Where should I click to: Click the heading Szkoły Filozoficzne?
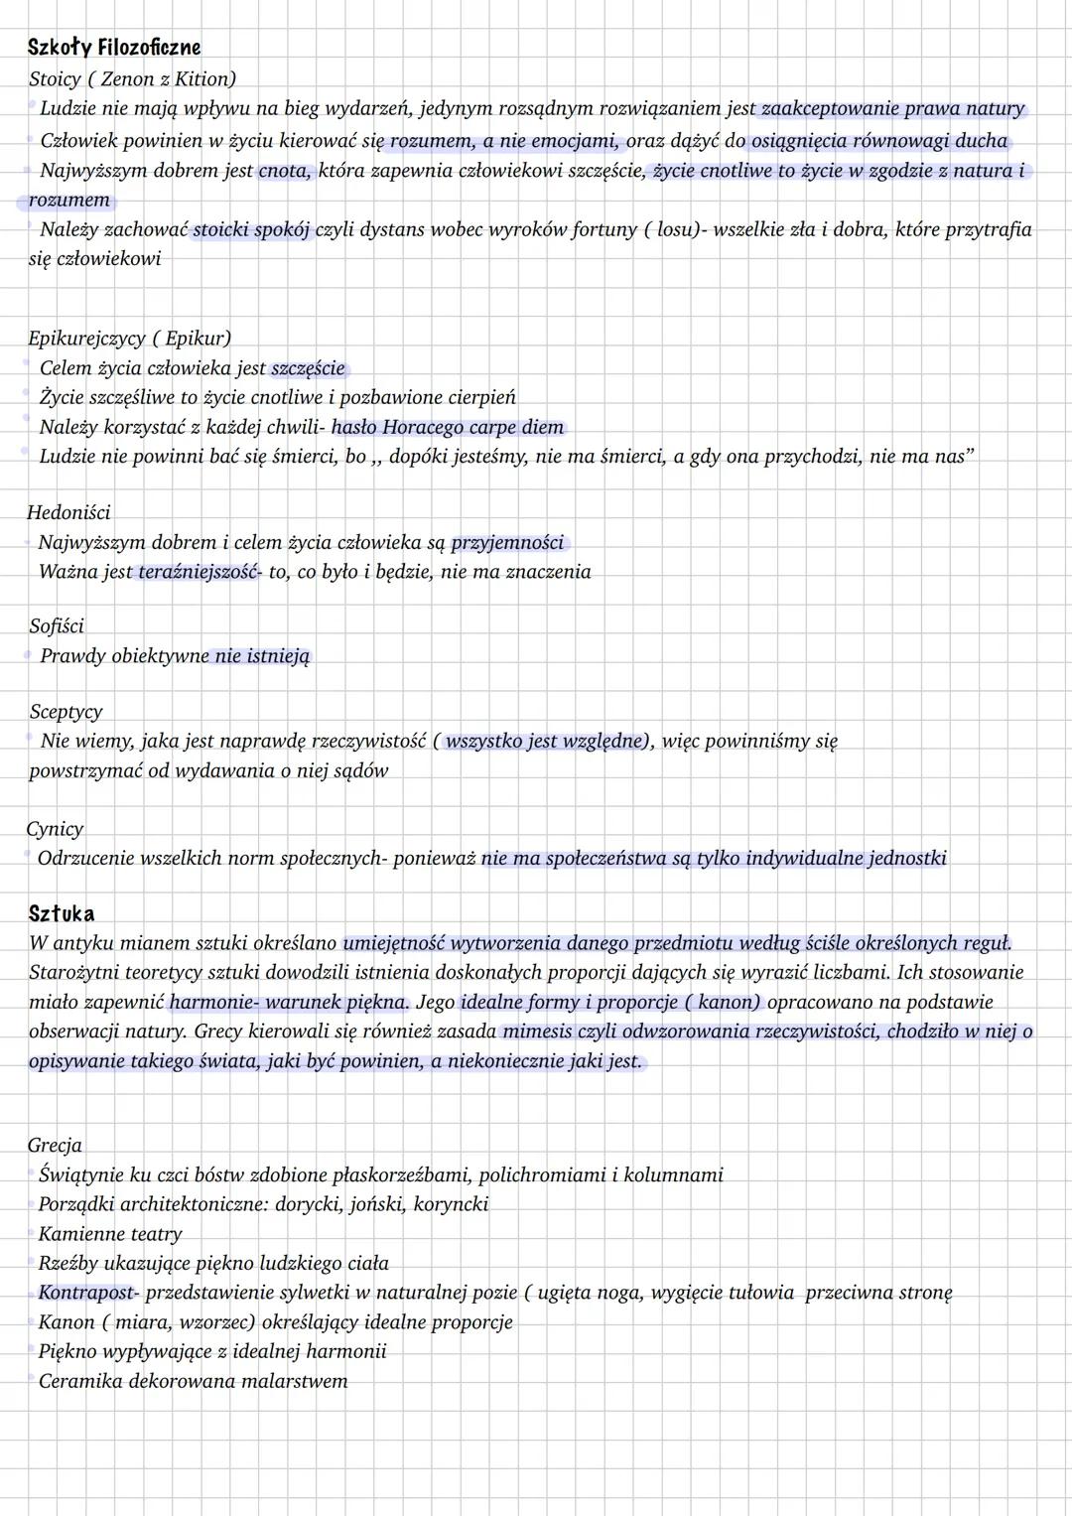click(x=114, y=48)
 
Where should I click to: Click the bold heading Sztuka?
click(x=62, y=913)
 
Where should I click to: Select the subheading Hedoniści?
click(x=68, y=512)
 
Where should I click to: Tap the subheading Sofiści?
click(x=57, y=625)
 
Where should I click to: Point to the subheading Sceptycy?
click(x=66, y=711)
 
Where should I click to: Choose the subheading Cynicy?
click(x=55, y=828)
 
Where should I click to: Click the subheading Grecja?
click(x=55, y=1145)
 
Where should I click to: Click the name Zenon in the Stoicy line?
click(x=127, y=78)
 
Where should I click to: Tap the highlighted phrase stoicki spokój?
click(x=252, y=229)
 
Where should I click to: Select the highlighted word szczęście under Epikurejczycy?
click(x=308, y=368)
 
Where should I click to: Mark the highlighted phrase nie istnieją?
click(x=262, y=656)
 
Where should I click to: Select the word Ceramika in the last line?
click(x=79, y=1381)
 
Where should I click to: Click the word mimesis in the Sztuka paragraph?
click(x=537, y=1032)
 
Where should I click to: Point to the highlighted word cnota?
click(x=284, y=171)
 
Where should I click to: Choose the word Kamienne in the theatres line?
click(x=78, y=1234)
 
